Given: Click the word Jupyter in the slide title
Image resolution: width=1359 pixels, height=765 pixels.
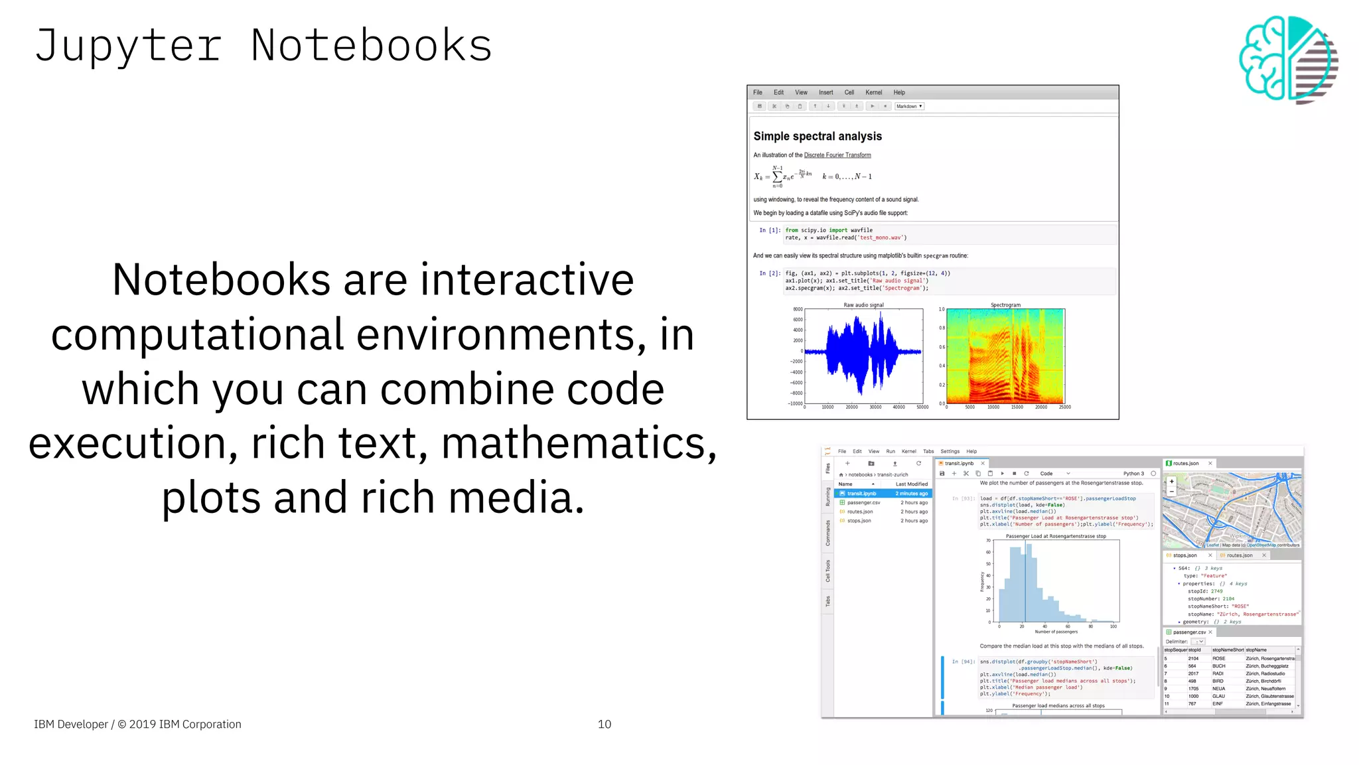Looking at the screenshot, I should (127, 46).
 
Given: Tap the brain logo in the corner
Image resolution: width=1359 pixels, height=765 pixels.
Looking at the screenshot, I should (1287, 59).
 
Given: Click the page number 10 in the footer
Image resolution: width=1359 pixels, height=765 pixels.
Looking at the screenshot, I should (604, 724).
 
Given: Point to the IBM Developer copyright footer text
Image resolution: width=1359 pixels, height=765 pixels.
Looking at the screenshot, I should (137, 724).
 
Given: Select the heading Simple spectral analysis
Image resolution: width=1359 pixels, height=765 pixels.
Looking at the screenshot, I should (817, 136).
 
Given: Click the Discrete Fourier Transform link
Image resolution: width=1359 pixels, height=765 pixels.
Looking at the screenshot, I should (837, 155).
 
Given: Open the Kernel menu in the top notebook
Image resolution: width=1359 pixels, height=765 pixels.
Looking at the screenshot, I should (873, 92).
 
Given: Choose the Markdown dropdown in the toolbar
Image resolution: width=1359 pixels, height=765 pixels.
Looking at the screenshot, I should (908, 106).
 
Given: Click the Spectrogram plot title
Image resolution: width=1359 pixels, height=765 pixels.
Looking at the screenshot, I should (1005, 305).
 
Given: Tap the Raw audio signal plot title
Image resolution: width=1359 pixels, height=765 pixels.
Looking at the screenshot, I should (863, 305).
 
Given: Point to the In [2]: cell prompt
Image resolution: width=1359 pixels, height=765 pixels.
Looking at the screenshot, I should (770, 273).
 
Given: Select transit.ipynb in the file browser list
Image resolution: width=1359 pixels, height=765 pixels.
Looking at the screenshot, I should (861, 494).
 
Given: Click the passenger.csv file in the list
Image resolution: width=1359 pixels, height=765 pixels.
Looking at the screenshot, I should (863, 503).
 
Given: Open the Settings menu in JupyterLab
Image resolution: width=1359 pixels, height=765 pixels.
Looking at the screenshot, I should (950, 451).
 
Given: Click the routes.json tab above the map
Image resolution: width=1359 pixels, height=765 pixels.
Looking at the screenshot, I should (1185, 463).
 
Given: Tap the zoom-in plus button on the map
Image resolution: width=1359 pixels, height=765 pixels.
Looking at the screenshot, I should (1172, 482).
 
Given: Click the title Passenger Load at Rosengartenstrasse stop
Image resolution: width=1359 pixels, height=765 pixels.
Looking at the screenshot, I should (1055, 536).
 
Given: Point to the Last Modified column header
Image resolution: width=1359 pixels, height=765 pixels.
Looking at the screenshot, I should (911, 484).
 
